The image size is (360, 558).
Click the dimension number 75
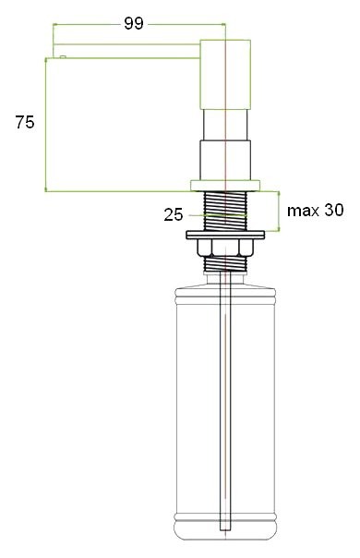click(x=24, y=123)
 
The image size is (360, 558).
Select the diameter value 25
click(x=173, y=215)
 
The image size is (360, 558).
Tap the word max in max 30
click(x=303, y=211)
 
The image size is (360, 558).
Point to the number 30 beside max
click(x=333, y=211)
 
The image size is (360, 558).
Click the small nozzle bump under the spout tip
click(x=61, y=57)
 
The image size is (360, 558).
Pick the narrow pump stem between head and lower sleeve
click(x=224, y=126)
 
